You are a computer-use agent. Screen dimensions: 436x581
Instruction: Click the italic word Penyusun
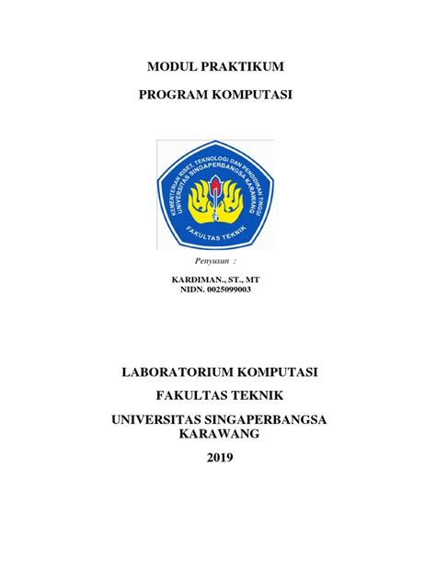(213, 262)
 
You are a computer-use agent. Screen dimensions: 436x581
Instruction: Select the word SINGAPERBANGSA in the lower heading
(263, 419)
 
